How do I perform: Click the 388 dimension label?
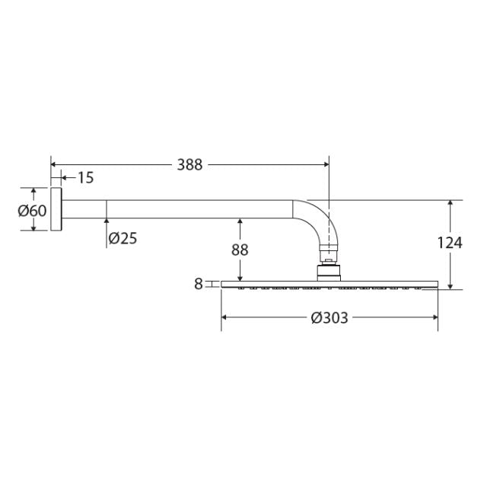[x=189, y=164]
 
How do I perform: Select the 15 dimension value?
[x=84, y=177]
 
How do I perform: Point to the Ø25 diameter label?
[x=123, y=238]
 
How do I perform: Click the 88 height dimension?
[x=240, y=250]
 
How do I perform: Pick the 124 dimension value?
[x=450, y=243]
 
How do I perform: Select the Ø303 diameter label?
[x=329, y=318]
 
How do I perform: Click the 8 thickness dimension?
[x=198, y=284]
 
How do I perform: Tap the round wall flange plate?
[x=56, y=209]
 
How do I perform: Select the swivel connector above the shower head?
[x=328, y=269]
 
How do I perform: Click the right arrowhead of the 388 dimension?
[x=325, y=164]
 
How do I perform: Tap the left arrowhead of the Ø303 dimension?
[x=224, y=317]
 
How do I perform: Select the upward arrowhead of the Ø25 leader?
[x=107, y=223]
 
